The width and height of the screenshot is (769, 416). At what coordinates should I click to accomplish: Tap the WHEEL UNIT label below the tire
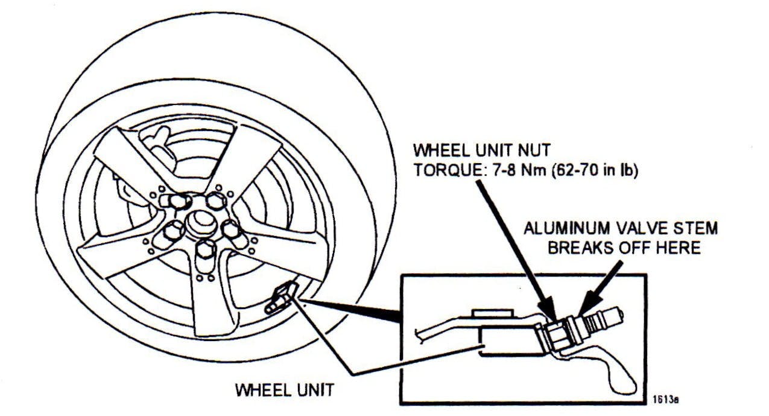[x=283, y=391]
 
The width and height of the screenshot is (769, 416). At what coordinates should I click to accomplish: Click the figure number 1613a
[x=665, y=399]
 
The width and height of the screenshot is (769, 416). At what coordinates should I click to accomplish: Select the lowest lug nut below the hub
[x=206, y=249]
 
